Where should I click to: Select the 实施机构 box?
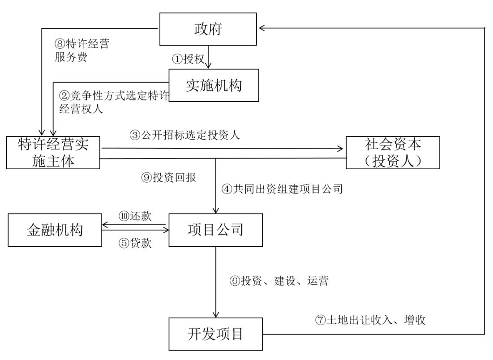tap(214, 86)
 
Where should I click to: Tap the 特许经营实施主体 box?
tap(53, 153)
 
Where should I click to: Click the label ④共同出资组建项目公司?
tap(282, 189)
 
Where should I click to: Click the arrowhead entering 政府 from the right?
tap(263, 28)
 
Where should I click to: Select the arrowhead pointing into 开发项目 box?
tap(216, 314)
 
